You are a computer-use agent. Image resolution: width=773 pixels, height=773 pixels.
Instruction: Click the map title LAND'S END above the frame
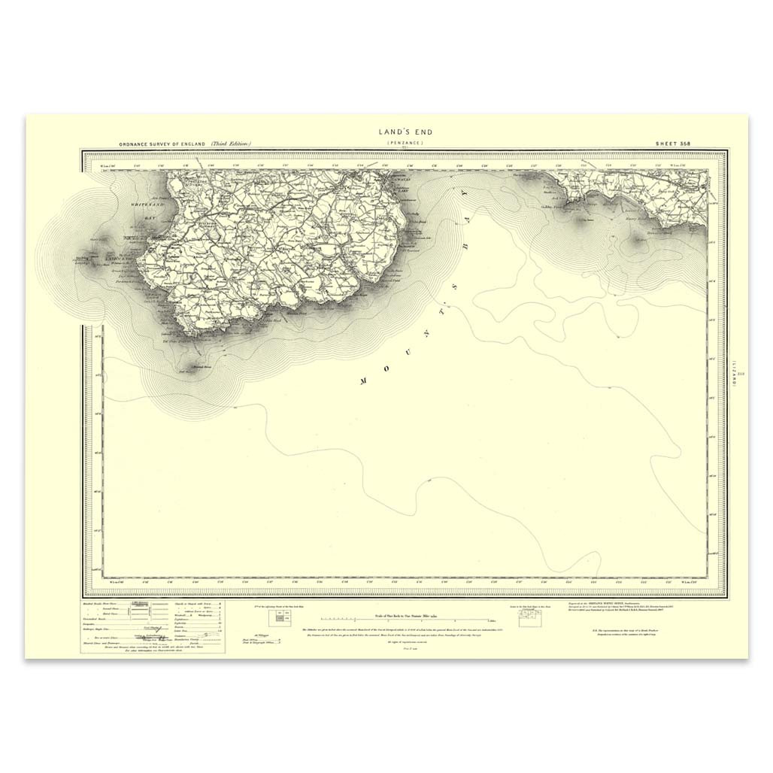405,132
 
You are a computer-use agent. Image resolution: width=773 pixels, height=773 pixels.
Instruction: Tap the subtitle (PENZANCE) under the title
405,142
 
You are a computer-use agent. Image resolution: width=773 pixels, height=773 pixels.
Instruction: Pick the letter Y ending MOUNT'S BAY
464,192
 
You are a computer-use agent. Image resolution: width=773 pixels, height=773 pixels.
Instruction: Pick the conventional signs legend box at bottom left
153,626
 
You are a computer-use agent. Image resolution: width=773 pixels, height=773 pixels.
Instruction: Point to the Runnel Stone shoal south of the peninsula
184,369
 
